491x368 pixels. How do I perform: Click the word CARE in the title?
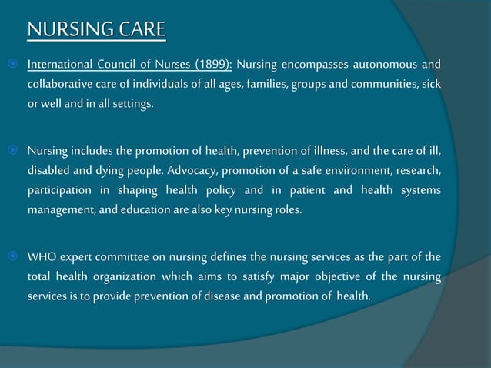pyautogui.click(x=139, y=29)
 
